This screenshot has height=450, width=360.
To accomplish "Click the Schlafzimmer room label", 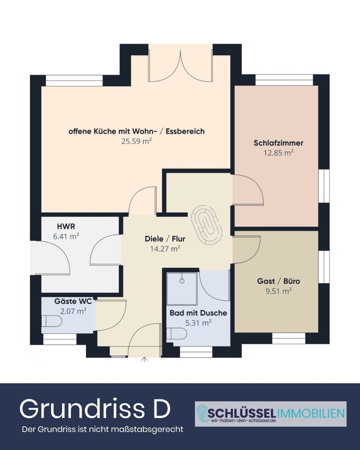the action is click(x=278, y=143).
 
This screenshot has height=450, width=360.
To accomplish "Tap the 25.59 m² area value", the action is click(x=136, y=141).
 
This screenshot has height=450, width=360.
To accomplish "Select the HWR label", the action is click(x=66, y=226).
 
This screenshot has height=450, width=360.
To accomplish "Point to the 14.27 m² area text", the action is click(x=165, y=248).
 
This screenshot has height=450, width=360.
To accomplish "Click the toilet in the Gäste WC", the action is click(x=52, y=321).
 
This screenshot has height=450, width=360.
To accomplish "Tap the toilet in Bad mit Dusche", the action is click(x=177, y=333).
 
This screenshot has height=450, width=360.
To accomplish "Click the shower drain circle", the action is click(x=182, y=281).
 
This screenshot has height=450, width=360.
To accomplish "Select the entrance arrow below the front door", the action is click(x=144, y=359).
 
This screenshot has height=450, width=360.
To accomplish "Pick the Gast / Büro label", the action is click(x=279, y=281).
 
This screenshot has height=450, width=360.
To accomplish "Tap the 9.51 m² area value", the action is click(x=279, y=291).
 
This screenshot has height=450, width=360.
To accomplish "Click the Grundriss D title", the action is click(x=95, y=409).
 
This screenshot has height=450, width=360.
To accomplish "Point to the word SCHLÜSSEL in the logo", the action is click(x=242, y=413).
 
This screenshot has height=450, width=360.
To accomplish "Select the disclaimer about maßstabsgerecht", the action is click(x=103, y=429).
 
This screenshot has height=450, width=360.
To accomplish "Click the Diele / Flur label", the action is click(x=165, y=238).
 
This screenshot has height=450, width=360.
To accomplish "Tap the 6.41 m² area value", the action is click(x=66, y=236).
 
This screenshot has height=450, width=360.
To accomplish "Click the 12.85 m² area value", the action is click(x=279, y=153).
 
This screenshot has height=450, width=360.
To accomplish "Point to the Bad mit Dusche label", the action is click(x=198, y=313).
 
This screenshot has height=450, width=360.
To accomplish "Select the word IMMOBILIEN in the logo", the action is click(x=310, y=413).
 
